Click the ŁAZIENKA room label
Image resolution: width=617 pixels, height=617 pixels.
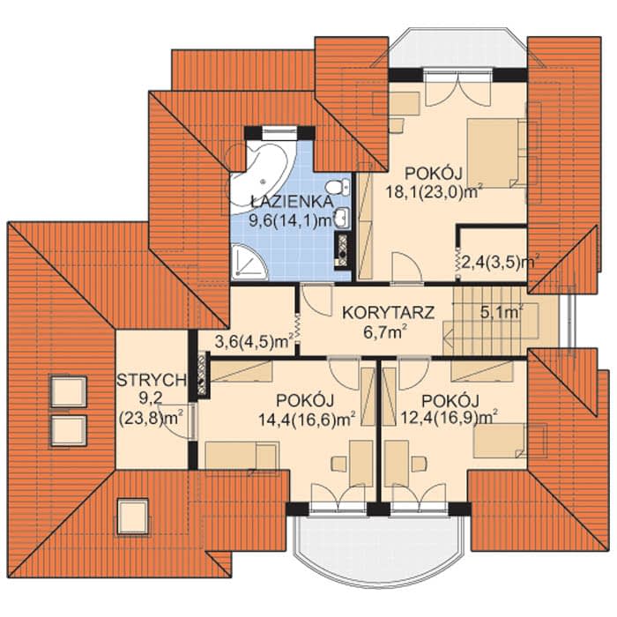pos(291,202)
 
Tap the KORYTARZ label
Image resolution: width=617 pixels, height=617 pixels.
pos(388,312)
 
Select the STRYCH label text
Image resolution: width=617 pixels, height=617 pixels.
pos(152,380)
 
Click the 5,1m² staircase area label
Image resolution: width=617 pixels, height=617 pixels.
pos(502,312)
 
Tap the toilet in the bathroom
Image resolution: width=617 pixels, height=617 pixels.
pos(338,187)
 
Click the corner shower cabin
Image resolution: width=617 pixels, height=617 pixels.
pos(249,262)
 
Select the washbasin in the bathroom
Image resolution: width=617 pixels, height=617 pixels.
pos(342,218)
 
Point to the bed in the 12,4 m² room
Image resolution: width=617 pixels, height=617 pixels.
pos(500,441)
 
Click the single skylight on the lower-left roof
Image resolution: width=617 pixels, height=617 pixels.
pos(133,516)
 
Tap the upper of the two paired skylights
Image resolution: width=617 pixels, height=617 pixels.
pos(69,391)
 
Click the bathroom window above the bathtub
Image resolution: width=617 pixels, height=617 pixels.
pos(279,134)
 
